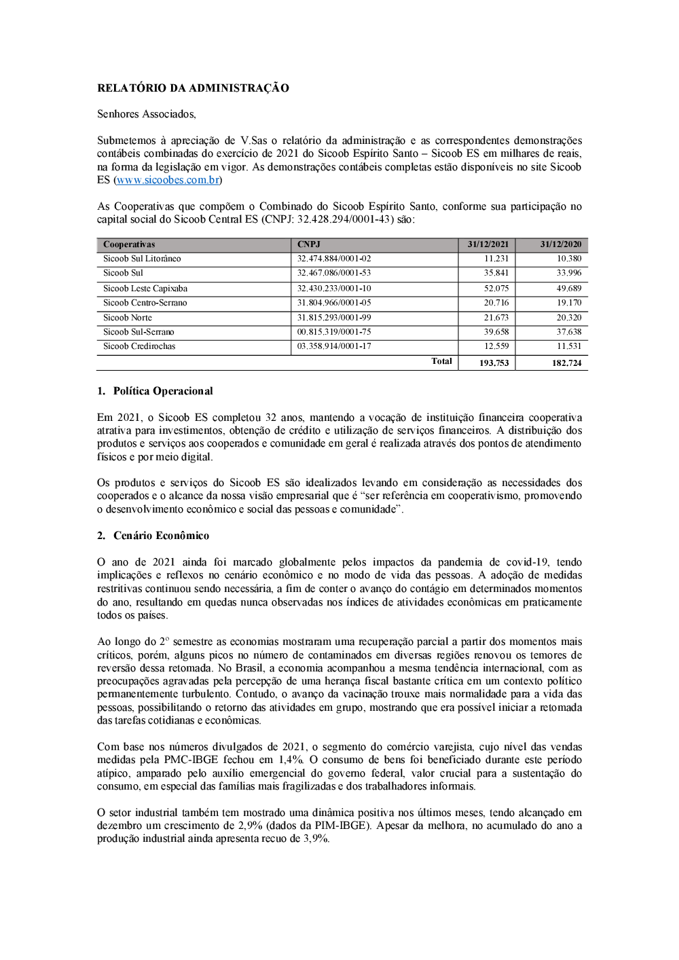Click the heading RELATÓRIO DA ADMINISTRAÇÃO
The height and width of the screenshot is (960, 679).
click(193, 88)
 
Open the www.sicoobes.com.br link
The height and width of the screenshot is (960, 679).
click(168, 180)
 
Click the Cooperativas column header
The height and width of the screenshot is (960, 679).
click(129, 244)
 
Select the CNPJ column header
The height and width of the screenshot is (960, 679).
click(309, 244)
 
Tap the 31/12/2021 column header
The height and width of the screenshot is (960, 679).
click(488, 244)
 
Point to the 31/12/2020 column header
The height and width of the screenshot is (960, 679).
click(560, 244)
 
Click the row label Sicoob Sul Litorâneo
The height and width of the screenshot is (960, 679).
click(142, 259)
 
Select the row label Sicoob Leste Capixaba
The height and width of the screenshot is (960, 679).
click(145, 289)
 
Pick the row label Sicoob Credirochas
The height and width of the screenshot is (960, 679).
click(139, 346)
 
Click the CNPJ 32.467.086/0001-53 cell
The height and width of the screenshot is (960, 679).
click(334, 273)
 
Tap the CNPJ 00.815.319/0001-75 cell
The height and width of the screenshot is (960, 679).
click(334, 332)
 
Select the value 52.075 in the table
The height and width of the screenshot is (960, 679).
click(496, 289)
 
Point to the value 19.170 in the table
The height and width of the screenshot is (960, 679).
click(569, 303)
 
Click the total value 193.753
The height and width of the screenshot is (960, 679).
click(494, 363)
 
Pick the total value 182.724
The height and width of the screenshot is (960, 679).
click(566, 363)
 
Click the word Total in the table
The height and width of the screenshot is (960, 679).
click(441, 361)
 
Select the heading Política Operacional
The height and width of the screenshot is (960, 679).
click(163, 391)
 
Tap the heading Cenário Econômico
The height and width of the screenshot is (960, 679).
click(161, 536)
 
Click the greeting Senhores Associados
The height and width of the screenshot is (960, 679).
click(146, 114)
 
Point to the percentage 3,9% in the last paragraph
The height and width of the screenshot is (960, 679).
click(316, 839)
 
